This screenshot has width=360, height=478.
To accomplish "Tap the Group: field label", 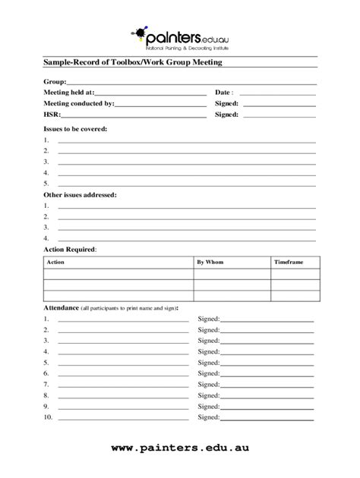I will (x=55, y=81).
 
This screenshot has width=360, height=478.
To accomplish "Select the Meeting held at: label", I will (x=69, y=92).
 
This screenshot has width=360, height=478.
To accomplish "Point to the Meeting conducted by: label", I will (x=79, y=103).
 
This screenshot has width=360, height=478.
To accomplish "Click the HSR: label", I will (x=52, y=115).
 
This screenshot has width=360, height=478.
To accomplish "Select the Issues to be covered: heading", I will (x=75, y=129).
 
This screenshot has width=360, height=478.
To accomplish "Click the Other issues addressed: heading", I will (x=80, y=194).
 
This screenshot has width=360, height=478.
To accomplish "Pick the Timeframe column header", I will (x=289, y=262).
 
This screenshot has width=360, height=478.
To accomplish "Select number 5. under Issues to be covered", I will (x=46, y=183).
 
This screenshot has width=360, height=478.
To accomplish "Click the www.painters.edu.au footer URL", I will (x=179, y=448).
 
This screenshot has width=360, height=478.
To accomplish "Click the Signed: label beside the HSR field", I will (x=227, y=115).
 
